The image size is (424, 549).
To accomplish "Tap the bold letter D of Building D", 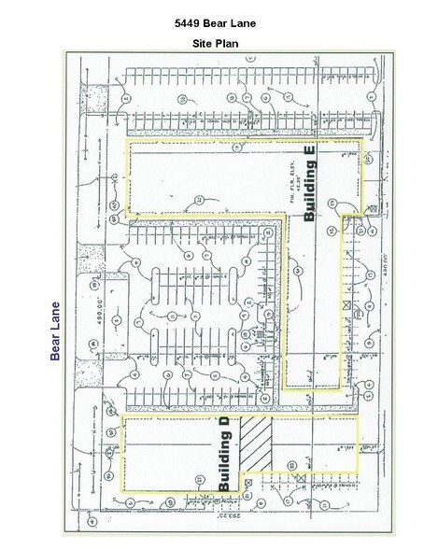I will (224, 426).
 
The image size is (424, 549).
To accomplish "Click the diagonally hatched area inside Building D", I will (257, 444).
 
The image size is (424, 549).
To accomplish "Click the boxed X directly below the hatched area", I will (298, 480).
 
